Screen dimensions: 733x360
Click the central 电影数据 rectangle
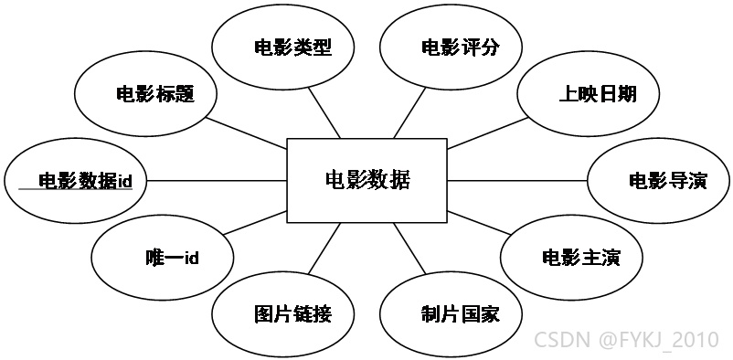click(x=367, y=181)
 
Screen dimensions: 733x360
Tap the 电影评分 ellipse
click(x=451, y=48)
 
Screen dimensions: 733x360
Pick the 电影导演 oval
click(x=658, y=181)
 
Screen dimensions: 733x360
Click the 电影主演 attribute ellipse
click(x=572, y=258)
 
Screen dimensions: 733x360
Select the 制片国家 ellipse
click(x=451, y=313)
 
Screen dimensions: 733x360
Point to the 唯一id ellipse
click(x=162, y=258)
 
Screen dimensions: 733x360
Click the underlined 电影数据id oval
click(x=75, y=181)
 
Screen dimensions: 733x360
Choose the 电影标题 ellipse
click(x=145, y=94)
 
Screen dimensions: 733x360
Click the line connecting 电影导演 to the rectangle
click(x=517, y=181)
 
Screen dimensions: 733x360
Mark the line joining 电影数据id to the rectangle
click(x=217, y=181)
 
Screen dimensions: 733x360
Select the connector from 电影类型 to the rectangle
click(x=324, y=112)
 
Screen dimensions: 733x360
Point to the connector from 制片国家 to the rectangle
click(x=409, y=249)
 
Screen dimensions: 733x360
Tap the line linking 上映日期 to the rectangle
click(x=488, y=132)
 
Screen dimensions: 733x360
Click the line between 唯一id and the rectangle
click(x=255, y=223)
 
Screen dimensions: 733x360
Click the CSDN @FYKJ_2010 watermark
click(x=626, y=339)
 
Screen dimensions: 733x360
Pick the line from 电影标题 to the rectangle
click(x=246, y=132)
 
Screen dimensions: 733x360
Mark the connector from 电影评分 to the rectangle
click(x=409, y=112)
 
